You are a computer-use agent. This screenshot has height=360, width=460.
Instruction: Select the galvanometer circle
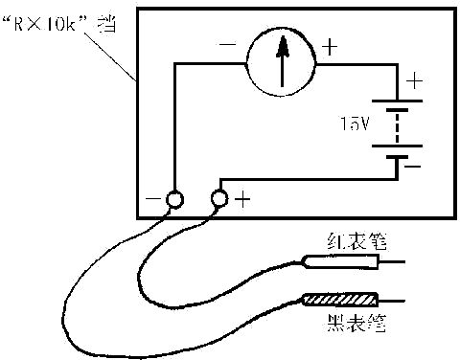[282, 59]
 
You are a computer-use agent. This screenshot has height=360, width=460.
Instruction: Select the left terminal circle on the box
[174, 199]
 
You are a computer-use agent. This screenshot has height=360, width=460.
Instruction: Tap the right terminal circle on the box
[219, 199]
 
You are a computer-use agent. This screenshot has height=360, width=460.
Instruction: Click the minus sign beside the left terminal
[152, 200]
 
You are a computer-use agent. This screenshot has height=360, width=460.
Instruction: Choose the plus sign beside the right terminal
[242, 200]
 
